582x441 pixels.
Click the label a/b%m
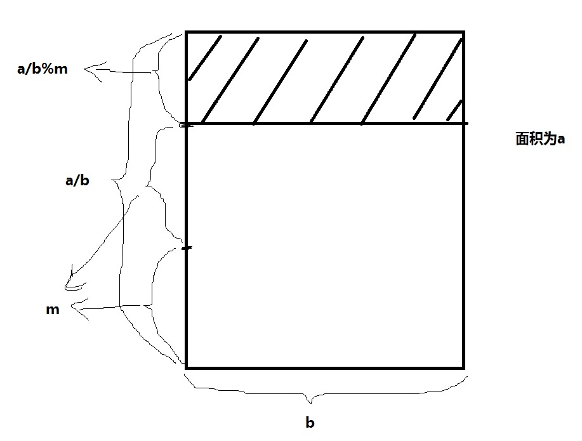[x=42, y=69]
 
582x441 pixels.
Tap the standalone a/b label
[x=77, y=181]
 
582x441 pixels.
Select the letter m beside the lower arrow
[x=53, y=310]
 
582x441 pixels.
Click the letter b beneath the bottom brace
[x=310, y=423]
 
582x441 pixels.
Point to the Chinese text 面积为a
[x=540, y=140]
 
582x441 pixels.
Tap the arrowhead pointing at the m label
[x=74, y=309]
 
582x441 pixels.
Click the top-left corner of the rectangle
[x=186, y=32]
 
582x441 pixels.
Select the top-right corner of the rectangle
[x=463, y=32]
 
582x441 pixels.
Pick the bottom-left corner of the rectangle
[x=186, y=367]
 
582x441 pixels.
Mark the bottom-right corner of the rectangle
[x=463, y=367]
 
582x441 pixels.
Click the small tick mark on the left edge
[x=186, y=248]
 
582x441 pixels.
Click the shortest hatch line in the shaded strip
[x=454, y=111]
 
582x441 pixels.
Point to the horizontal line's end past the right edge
[x=468, y=123]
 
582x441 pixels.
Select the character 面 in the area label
[x=522, y=140]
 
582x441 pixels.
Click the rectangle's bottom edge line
[x=324, y=367]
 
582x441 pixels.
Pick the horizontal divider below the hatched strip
[x=324, y=123]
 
